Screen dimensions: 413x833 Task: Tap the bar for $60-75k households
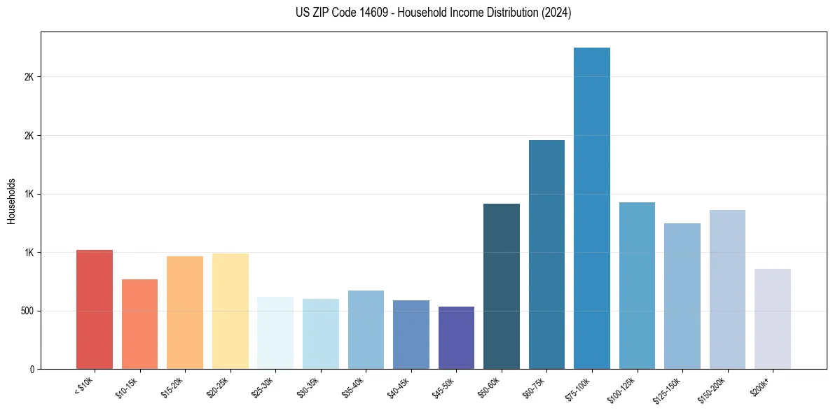coord(546,255)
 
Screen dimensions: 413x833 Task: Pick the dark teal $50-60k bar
coord(502,286)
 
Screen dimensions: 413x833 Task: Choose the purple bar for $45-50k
coord(456,338)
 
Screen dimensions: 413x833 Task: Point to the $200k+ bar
coord(773,319)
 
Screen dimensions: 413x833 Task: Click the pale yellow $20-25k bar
coord(230,311)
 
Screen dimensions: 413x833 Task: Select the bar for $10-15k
coord(139,324)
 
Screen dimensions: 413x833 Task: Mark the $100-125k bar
coord(637,286)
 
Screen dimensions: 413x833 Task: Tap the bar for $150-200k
coord(727,290)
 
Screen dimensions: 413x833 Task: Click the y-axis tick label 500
coord(28,311)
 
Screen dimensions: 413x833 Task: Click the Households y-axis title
coord(11,201)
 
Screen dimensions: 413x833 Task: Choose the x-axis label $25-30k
coord(263,386)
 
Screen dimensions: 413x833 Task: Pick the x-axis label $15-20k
coord(172,386)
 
